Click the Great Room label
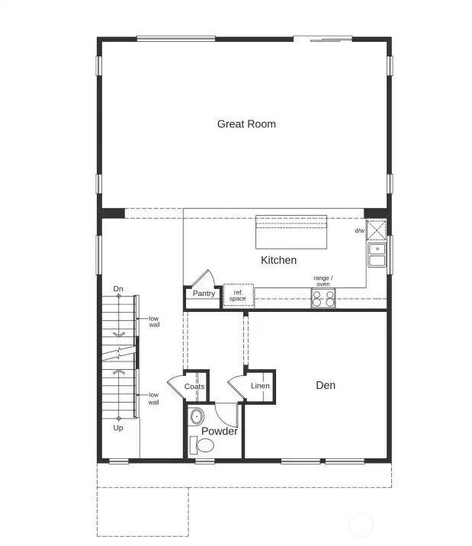click(x=246, y=124)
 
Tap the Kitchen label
click(x=278, y=260)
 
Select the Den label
click(x=326, y=385)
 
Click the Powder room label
click(x=219, y=432)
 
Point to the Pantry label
click(x=204, y=294)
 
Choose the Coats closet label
click(x=194, y=387)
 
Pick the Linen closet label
click(x=260, y=386)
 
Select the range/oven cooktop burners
click(x=323, y=299)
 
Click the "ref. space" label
click(x=238, y=295)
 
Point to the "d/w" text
click(x=359, y=230)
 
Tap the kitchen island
click(x=291, y=231)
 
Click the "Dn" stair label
click(x=118, y=288)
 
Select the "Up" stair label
click(x=118, y=428)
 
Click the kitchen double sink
click(x=377, y=255)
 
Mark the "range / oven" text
click(x=323, y=281)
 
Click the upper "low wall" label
click(x=154, y=321)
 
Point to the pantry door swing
click(x=203, y=278)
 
